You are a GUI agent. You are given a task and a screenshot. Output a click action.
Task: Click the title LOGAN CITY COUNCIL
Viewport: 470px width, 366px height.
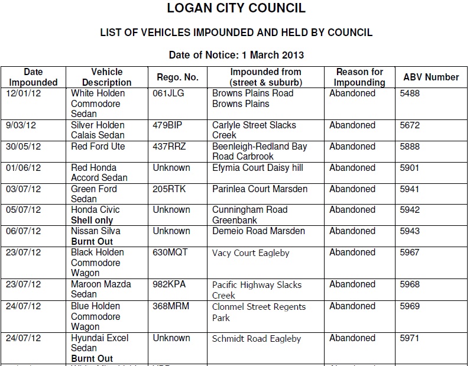(x=236, y=9)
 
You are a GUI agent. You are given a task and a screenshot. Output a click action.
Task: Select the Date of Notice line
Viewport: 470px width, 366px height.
(x=236, y=55)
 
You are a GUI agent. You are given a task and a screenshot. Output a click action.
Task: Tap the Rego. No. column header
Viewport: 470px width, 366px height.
(x=177, y=77)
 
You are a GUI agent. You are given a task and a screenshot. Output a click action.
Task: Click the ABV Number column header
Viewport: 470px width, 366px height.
(x=431, y=77)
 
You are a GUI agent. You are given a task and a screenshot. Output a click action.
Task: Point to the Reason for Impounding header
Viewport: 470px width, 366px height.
(x=359, y=77)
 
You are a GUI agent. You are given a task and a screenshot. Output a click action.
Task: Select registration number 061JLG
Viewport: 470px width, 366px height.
(x=170, y=93)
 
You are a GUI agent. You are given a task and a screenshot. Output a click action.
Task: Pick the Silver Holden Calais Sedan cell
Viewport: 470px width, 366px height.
(x=98, y=130)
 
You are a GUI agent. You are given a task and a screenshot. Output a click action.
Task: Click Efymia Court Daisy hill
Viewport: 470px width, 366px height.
(x=257, y=168)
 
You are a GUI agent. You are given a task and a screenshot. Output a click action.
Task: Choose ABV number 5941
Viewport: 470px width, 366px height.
(x=409, y=189)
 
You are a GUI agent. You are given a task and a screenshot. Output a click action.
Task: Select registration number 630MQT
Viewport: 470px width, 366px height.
(x=170, y=252)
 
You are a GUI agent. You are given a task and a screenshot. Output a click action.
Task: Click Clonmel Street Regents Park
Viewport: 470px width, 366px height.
(x=259, y=312)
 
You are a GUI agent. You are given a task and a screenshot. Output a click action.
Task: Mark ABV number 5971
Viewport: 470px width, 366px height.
(x=409, y=338)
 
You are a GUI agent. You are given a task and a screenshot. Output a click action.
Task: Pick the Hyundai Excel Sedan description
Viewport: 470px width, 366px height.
(x=99, y=343)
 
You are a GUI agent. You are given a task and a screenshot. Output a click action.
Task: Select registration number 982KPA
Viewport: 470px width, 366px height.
(x=169, y=284)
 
